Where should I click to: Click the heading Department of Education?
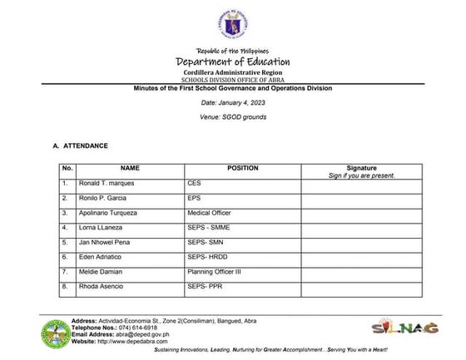coord(232,62)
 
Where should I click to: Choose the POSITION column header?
coord(243,168)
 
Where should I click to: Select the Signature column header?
coord(361,168)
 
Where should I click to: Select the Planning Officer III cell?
coord(219,272)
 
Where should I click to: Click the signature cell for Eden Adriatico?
coord(361,257)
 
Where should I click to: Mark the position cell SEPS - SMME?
coord(213,228)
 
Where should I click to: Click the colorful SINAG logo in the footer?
coord(404,327)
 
